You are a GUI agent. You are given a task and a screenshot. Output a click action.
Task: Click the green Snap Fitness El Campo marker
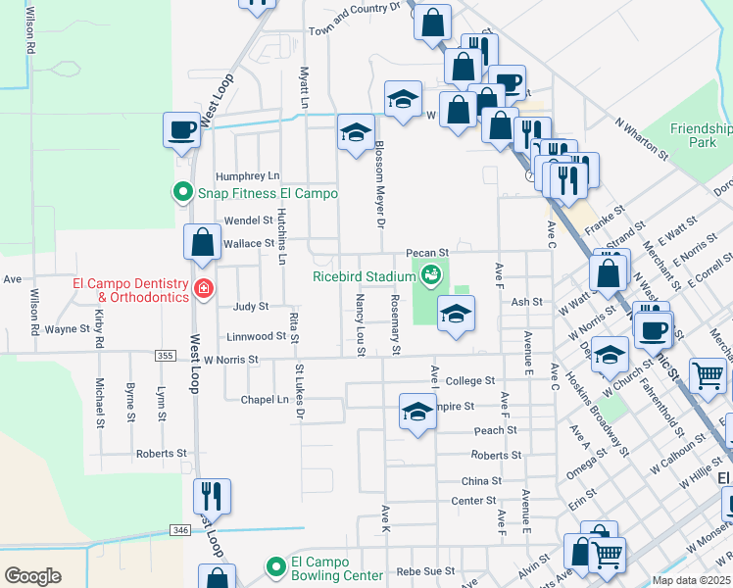[x=182, y=193]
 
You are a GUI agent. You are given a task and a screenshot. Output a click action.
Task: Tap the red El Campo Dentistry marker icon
[x=202, y=288]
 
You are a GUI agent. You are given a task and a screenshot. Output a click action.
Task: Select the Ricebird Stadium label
[x=366, y=275]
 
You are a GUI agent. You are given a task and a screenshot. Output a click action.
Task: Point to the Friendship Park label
[x=700, y=135]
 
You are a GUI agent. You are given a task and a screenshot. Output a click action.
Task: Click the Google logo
[x=32, y=575]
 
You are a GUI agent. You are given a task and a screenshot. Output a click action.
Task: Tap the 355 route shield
[x=166, y=358]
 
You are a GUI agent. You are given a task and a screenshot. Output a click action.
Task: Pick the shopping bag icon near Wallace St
[x=202, y=245]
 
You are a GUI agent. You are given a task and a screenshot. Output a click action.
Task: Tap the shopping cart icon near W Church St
[x=708, y=374]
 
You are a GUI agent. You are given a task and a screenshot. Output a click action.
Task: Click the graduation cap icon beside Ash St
[x=455, y=315]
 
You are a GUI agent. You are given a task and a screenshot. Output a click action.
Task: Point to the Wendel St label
[x=248, y=220]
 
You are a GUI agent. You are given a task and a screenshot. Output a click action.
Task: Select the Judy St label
[x=251, y=307]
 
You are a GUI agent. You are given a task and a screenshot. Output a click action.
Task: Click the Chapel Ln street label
[x=268, y=400]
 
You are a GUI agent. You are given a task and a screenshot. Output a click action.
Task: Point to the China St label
[x=481, y=481]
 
